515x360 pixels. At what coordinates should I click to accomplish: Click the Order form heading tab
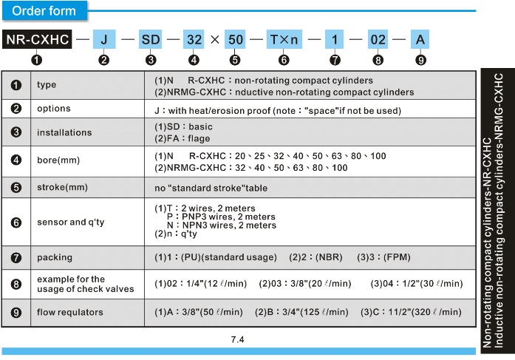click(44, 11)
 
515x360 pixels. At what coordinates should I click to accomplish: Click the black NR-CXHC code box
click(37, 39)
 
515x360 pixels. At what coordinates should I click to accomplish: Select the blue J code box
click(104, 39)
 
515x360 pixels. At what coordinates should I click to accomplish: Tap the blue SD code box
click(151, 39)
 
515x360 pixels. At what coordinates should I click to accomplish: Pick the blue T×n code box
click(284, 39)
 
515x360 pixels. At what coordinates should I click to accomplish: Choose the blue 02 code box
click(378, 39)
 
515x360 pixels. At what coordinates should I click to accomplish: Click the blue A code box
click(420, 39)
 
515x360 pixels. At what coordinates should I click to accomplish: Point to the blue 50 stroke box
click(235, 39)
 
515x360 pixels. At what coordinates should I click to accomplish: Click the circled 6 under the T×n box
click(284, 60)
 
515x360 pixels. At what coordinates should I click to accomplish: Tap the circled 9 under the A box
click(420, 60)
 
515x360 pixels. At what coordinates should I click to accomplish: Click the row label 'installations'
click(64, 132)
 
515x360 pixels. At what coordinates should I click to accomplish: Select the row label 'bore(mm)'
click(58, 160)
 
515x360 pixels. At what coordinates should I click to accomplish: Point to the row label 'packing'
click(55, 257)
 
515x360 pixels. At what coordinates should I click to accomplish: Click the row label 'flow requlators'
click(70, 312)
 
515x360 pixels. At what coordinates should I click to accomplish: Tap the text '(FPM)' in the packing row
click(397, 257)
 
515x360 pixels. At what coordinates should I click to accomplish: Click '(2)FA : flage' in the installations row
click(183, 139)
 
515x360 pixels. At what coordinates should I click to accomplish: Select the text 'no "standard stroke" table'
click(211, 189)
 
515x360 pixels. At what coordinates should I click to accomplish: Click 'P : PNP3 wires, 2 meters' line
click(221, 217)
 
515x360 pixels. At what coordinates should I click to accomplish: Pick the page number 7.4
click(237, 339)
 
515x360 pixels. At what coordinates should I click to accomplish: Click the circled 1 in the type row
click(16, 85)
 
